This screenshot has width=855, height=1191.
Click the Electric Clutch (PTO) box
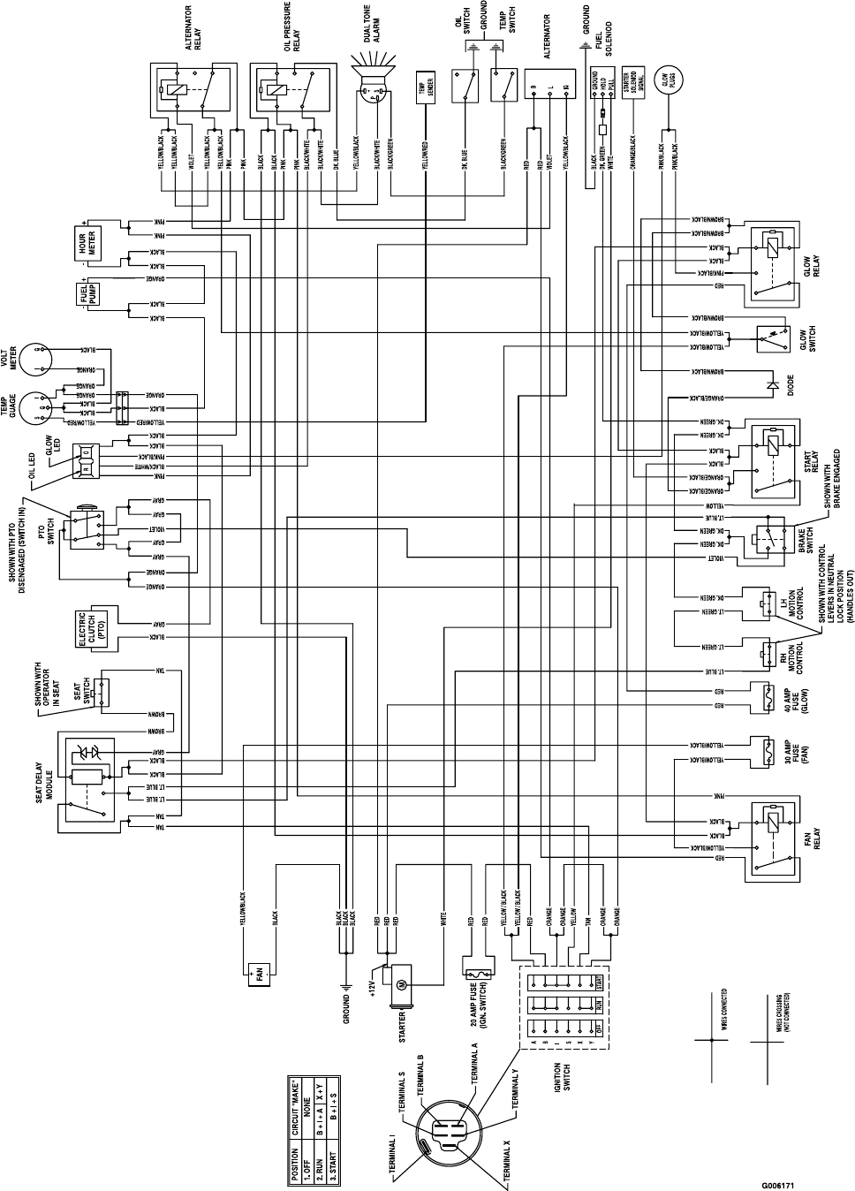pos(92,626)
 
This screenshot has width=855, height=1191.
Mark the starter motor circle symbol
pos(397,984)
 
